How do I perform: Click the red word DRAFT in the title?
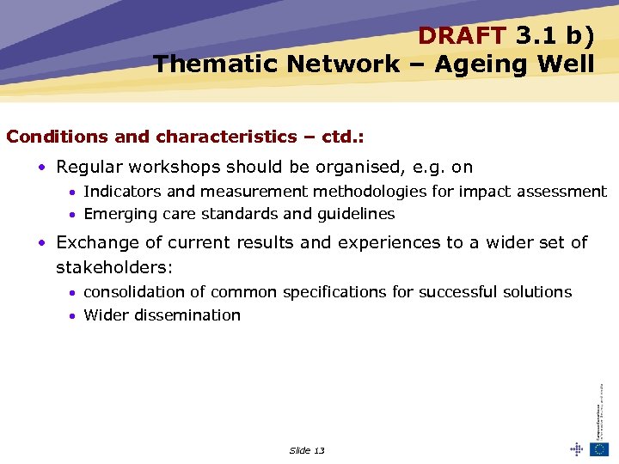(463, 35)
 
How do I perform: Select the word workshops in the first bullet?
(181, 168)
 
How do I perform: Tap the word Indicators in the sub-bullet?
(123, 192)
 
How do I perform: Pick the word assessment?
(562, 192)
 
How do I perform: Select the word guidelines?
(355, 214)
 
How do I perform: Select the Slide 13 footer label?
(307, 450)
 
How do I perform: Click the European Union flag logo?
(599, 449)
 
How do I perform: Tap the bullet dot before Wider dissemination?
(74, 316)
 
